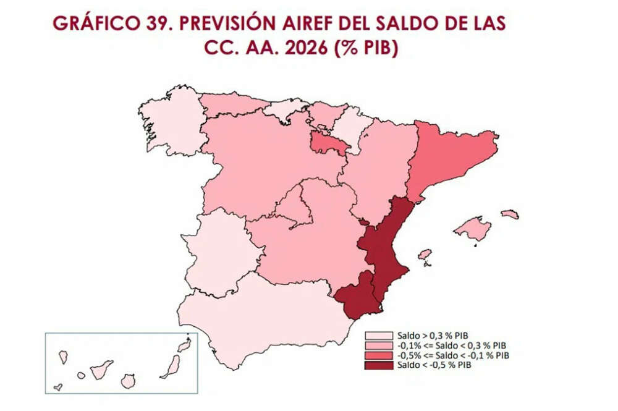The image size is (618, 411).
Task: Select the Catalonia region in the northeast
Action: click(x=451, y=155)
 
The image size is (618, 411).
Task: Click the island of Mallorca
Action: click(x=473, y=230)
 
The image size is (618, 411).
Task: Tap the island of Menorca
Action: click(x=510, y=214)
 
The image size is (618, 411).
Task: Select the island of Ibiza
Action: click(x=425, y=254)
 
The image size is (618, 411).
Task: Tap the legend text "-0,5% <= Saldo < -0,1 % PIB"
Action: click(x=454, y=355)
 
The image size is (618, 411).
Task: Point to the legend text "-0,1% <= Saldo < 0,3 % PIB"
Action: click(x=454, y=345)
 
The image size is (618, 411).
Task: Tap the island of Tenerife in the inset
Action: click(x=101, y=370)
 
